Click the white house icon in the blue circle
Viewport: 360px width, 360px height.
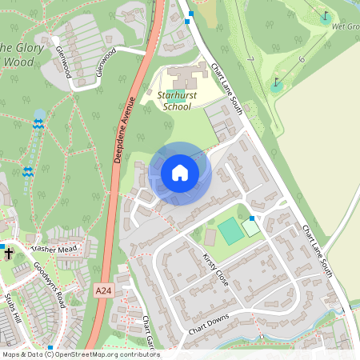[179, 173]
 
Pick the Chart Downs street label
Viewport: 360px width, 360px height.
[209, 324]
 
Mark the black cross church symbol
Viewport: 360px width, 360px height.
[9, 254]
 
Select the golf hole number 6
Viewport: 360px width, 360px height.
[301, 58]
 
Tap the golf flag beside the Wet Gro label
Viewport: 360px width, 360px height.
[325, 16]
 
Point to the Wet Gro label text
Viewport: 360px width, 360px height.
[345, 26]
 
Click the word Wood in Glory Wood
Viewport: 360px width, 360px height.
[19, 61]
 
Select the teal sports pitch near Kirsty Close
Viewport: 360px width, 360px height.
[230, 231]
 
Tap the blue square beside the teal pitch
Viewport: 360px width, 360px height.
[252, 218]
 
